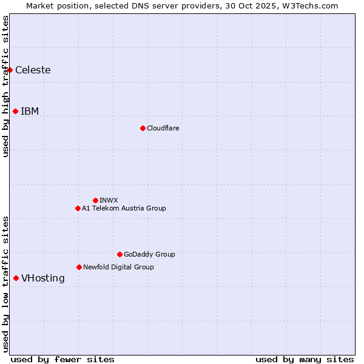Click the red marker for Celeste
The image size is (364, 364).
pos(10,70)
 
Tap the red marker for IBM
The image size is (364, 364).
pos(15,111)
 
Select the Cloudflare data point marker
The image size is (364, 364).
pos(143,128)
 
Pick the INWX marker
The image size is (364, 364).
pos(95,200)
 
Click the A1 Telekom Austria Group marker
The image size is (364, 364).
pos(78,208)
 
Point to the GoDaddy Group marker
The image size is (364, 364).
pos(120,254)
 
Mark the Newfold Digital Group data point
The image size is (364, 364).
pos(79,267)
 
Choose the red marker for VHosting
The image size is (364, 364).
pos(16,278)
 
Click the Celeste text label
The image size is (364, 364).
pos(33,70)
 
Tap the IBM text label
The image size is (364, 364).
pos(30,111)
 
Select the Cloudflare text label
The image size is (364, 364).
pos(163,128)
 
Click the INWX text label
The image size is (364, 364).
pos(109,200)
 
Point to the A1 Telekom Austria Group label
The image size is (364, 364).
pos(124,208)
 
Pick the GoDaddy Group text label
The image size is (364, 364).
pos(149,254)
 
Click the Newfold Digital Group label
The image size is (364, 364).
pos(118,267)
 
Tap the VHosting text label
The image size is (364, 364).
pos(42,278)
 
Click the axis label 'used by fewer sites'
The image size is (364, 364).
pos(62,359)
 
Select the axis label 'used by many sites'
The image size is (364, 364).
pos(305,359)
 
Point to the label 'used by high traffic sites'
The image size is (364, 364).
pos(5,86)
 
